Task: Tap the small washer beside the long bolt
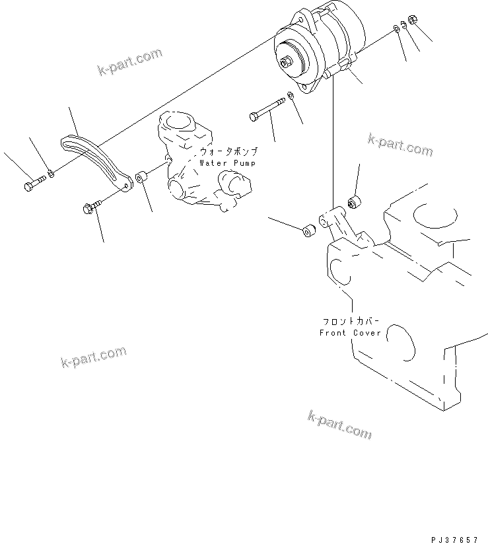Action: (x=291, y=97)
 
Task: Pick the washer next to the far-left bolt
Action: (x=51, y=174)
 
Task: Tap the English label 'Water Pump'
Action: (x=228, y=162)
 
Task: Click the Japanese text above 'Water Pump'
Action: (x=228, y=151)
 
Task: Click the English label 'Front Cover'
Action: (x=350, y=333)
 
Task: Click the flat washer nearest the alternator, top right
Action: (x=394, y=27)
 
